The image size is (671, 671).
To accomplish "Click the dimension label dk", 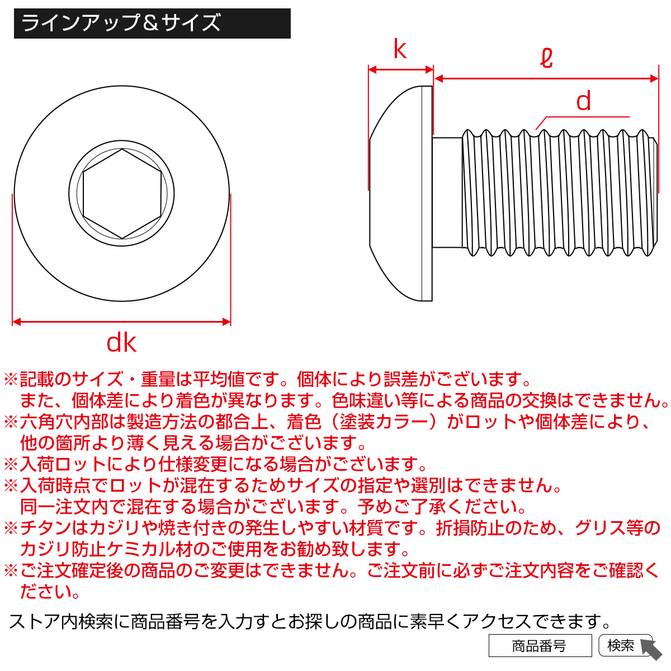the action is (121, 343).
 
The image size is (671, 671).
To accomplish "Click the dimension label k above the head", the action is (400, 49).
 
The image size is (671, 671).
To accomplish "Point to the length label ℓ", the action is (546, 58).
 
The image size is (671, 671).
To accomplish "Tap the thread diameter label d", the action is (584, 101).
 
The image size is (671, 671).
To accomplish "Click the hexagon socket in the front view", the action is (122, 193).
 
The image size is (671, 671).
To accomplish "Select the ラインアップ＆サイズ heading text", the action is (121, 23).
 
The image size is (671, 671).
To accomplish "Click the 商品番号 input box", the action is (540, 645).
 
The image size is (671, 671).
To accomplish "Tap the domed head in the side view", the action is (400, 193).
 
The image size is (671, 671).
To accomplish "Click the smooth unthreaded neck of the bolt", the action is (447, 192).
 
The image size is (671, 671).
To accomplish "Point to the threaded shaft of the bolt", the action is (560, 192).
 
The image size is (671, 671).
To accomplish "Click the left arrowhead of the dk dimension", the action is (16, 322).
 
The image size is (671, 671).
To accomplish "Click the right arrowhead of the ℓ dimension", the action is (654, 78).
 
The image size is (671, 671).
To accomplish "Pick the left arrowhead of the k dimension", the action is (372, 70).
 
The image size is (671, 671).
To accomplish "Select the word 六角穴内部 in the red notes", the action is (63, 422).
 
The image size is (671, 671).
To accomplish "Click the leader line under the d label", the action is (582, 120).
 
